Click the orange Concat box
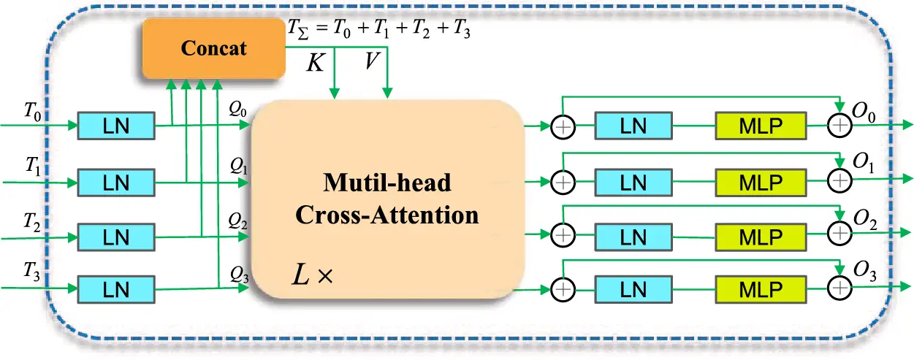(x=214, y=49)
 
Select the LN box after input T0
(x=116, y=126)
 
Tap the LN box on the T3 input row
(x=116, y=289)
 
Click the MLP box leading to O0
(x=761, y=126)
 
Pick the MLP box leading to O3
(x=761, y=289)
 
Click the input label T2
(x=32, y=221)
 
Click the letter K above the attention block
(x=315, y=63)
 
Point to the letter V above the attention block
(x=372, y=63)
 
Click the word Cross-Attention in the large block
(x=387, y=215)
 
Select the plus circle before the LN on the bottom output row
(x=563, y=289)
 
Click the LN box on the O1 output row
(x=632, y=180)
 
